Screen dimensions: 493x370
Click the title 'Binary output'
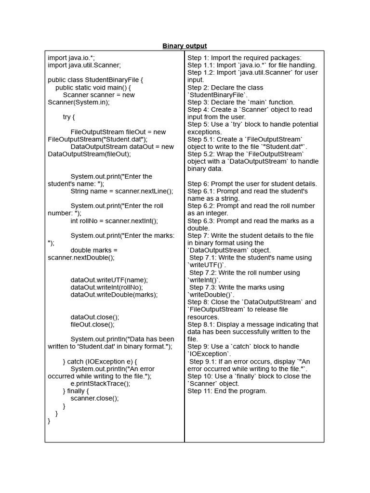pos(185,46)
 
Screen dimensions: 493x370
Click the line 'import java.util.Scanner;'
pos(84,65)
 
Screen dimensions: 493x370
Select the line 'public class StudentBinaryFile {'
pos(95,80)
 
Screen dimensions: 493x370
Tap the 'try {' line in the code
pos(69,117)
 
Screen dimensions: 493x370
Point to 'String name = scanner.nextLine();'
pos(121,191)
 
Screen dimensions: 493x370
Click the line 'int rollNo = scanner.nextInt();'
pos(114,221)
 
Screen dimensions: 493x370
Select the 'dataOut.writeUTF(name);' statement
pos(109,280)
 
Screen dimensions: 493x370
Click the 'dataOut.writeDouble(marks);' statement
pos(114,295)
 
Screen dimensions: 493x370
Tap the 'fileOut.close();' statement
pos(92,324)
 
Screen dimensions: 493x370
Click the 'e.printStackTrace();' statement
pos(100,384)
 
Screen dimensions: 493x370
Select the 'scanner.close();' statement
pos(94,398)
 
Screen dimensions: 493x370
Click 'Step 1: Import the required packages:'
pos(244,58)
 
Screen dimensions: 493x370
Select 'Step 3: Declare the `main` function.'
pos(241,102)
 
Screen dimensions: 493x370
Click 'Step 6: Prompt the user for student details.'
pos(252,184)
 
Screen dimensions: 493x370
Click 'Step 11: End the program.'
pos(227,391)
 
